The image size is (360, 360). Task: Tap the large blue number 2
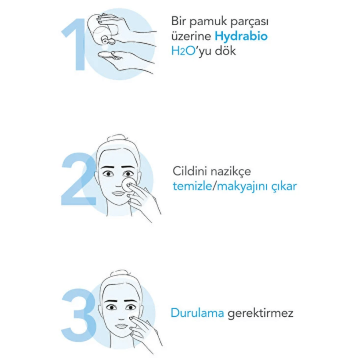pyautogui.click(x=78, y=179)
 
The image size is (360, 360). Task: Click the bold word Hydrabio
pyautogui.click(x=241, y=36)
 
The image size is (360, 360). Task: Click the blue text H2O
pyautogui.click(x=183, y=51)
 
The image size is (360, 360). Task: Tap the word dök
pyautogui.click(x=225, y=51)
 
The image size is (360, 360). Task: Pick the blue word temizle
pyautogui.click(x=192, y=186)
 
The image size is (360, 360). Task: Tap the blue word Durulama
pyautogui.click(x=198, y=313)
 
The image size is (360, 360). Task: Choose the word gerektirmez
pyautogui.click(x=260, y=314)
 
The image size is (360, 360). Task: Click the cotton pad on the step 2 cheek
pyautogui.click(x=128, y=184)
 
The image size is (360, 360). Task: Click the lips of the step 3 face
pyautogui.click(x=121, y=326)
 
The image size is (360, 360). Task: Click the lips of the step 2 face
pyautogui.click(x=119, y=193)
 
